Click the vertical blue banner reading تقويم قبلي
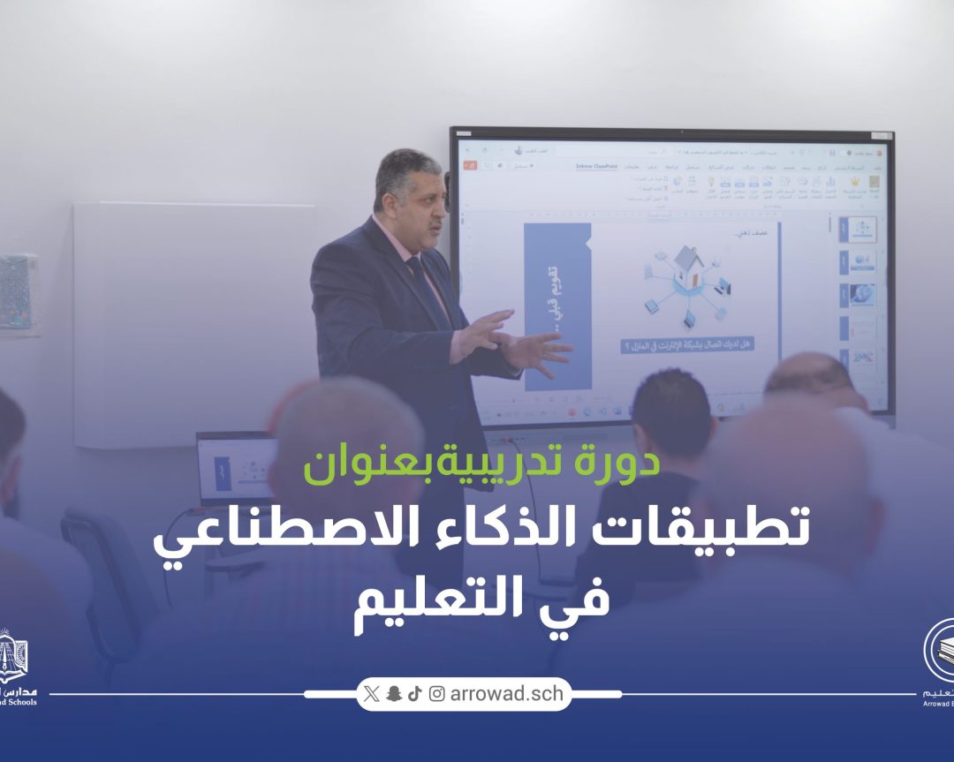coord(556,305)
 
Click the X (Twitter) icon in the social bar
coord(371,694)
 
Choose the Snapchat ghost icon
coord(394,694)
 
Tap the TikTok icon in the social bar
coord(415,694)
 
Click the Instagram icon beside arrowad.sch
coord(437,694)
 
